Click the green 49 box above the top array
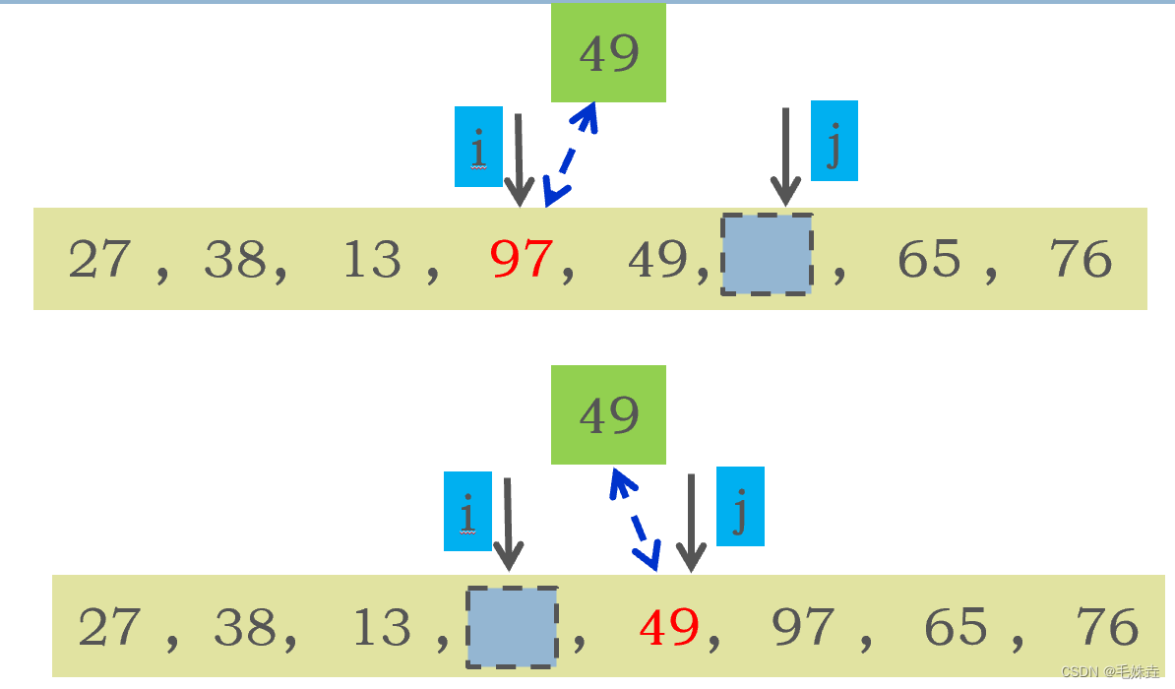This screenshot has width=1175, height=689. [608, 53]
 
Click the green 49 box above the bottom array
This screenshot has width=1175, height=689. [608, 415]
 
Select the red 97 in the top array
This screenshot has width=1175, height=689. [522, 260]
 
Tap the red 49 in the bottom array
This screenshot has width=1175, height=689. [669, 627]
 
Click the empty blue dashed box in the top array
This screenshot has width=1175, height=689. [767, 254]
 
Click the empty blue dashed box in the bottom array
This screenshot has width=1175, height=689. [512, 626]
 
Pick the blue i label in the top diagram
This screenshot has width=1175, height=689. [478, 147]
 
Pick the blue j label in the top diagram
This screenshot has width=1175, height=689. [834, 141]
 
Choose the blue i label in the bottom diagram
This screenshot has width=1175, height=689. [467, 511]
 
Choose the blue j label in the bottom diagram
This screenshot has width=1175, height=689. [740, 506]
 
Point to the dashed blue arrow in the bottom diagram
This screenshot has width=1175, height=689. [633, 518]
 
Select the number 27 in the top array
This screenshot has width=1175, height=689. [98, 260]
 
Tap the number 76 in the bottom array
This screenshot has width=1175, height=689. [1107, 627]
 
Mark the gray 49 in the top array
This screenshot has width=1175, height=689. [657, 260]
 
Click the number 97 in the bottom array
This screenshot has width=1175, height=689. [803, 627]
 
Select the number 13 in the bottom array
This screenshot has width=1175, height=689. [382, 627]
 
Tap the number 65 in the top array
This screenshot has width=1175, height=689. [929, 260]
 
